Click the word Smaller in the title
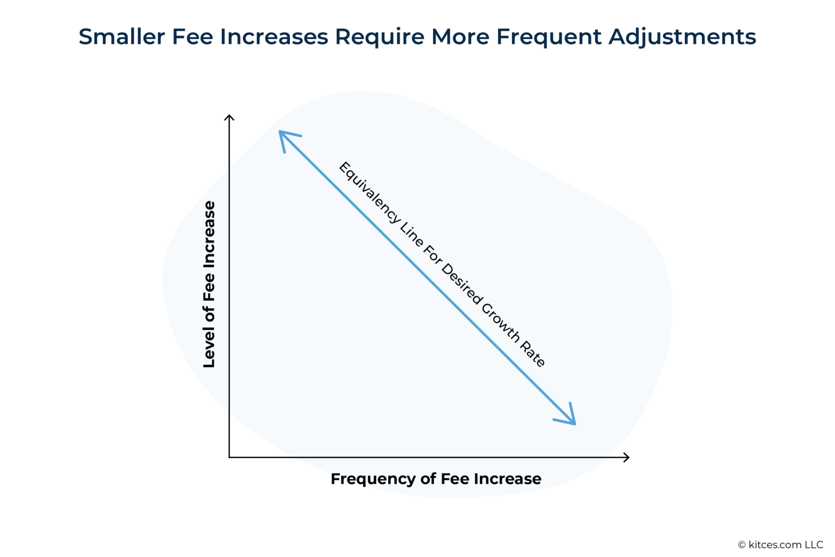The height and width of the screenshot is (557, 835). pos(122,37)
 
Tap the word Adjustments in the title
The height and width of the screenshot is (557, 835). pos(682,37)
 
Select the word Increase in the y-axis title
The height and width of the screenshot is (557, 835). pos(209,235)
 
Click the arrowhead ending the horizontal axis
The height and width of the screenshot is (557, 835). pos(627,457)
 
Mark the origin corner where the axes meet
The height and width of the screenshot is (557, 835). pos(229,457)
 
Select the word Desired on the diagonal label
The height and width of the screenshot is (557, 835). pos(461,283)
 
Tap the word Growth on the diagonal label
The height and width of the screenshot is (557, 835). pos(501,323)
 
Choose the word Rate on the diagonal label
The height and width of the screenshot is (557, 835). pos(533,355)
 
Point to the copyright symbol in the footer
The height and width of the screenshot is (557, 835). pos(741,545)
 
